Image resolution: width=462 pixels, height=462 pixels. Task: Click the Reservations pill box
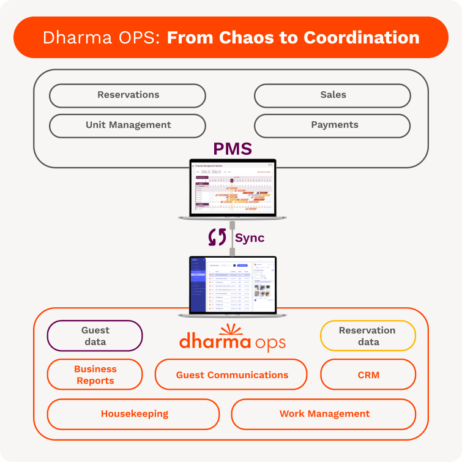[x=127, y=95]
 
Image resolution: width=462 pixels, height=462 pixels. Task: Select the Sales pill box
[x=332, y=95]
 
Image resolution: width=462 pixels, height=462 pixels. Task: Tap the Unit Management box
[x=127, y=125]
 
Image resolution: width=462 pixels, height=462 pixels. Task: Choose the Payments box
[x=332, y=125]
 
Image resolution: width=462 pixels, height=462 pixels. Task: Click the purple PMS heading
[x=233, y=149]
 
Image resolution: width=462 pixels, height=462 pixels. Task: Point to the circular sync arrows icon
[x=217, y=237]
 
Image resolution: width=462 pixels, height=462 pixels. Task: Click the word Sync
[x=250, y=238]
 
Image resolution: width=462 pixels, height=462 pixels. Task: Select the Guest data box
[x=95, y=336]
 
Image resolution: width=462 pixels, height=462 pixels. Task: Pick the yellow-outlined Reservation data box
[x=368, y=336]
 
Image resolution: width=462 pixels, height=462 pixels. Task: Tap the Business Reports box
[x=95, y=374]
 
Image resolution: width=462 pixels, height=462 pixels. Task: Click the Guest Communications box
[x=231, y=374]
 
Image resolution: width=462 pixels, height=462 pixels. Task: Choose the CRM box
[x=368, y=374]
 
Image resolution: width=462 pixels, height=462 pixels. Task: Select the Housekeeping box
[x=133, y=414]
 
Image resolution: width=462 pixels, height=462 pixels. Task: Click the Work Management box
[x=324, y=414]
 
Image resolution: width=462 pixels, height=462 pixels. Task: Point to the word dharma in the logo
[x=214, y=340]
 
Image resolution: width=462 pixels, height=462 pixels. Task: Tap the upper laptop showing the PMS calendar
[x=233, y=188]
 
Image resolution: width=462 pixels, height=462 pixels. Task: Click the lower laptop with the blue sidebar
[x=233, y=285]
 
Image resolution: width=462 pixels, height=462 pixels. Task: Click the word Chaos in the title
[x=258, y=37]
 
